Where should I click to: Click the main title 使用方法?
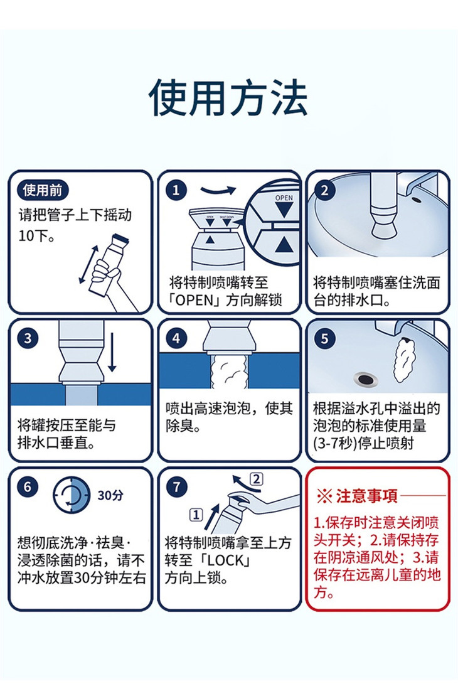[x=228, y=98]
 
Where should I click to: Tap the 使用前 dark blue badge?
[x=43, y=190]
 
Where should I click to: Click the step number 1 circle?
[x=176, y=190]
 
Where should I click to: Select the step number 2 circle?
[x=324, y=190]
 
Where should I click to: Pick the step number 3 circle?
[x=28, y=338]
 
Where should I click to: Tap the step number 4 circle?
[x=176, y=338]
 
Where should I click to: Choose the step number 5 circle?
[x=324, y=338]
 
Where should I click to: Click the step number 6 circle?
[x=28, y=487]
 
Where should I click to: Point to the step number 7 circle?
[x=176, y=487]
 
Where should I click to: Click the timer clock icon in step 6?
[x=72, y=495]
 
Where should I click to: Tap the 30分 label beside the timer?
[x=110, y=495]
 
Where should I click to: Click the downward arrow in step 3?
[x=112, y=352]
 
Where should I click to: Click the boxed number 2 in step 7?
[x=257, y=479]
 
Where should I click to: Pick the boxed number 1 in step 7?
[x=196, y=515]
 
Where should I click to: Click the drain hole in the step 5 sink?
[x=366, y=380]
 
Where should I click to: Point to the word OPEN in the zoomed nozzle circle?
[x=284, y=198]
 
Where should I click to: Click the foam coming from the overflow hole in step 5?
[x=405, y=360]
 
